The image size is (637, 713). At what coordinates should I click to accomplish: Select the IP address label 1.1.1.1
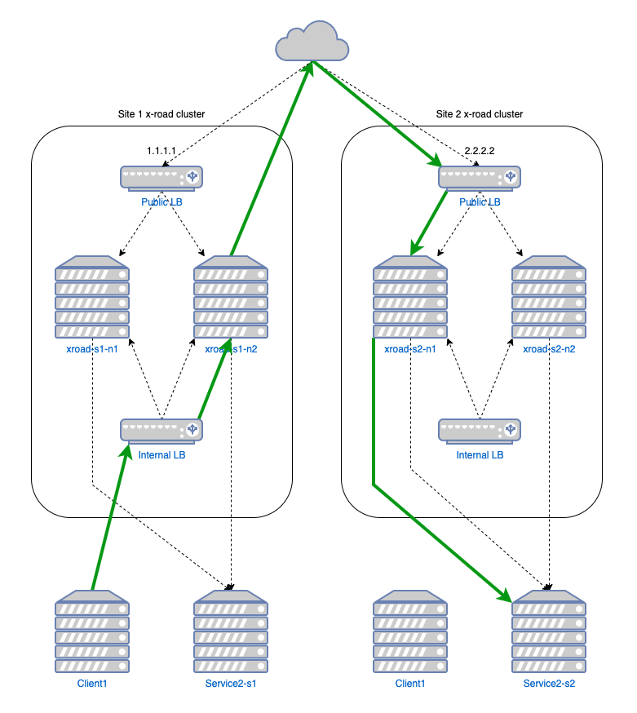click(x=161, y=152)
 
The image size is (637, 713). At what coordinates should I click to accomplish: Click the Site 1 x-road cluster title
click(x=161, y=114)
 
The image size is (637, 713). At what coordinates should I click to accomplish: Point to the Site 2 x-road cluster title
click(x=480, y=114)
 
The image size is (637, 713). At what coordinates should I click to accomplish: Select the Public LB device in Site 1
click(x=161, y=177)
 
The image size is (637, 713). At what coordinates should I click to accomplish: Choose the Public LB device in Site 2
click(x=480, y=177)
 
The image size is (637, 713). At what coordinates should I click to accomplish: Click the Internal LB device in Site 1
click(x=161, y=430)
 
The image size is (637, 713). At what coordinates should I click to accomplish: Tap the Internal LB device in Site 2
click(x=480, y=430)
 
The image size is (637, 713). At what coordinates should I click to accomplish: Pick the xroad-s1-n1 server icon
click(x=92, y=298)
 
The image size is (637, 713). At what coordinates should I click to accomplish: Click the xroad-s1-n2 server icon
click(x=231, y=298)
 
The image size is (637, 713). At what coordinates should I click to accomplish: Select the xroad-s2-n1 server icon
click(x=410, y=298)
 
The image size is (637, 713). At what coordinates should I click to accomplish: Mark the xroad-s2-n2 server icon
click(x=549, y=298)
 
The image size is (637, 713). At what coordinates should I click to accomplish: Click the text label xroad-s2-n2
click(x=549, y=349)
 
